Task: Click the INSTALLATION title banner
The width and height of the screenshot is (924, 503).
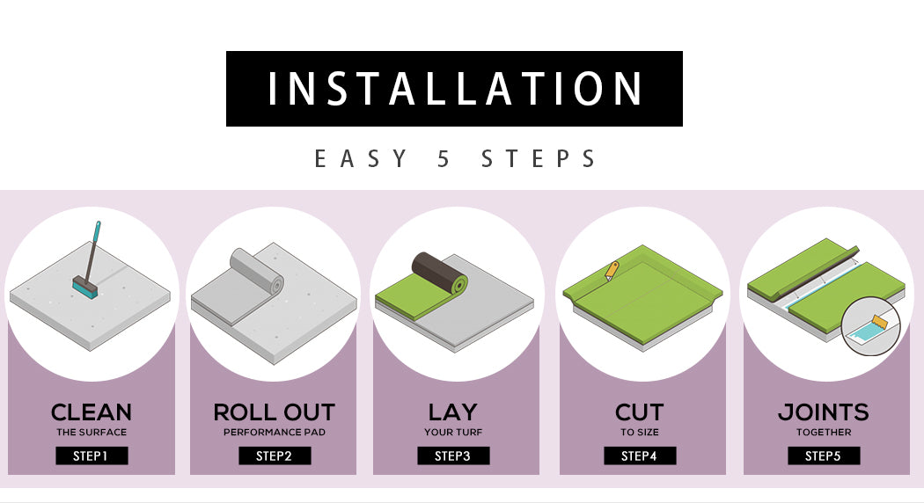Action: pos(454,89)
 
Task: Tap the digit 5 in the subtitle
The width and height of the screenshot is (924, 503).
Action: pos(444,159)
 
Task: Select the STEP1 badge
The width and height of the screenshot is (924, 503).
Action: pos(92,456)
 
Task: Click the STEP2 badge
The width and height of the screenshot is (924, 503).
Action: pos(275,456)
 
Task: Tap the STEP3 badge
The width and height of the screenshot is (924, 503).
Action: pos(453,456)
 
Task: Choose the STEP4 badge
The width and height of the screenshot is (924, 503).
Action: pos(640,456)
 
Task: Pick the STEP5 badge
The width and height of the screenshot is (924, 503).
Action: pos(824,456)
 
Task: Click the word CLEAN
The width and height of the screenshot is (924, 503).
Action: pos(92,412)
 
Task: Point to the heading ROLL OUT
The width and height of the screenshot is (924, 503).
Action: pos(275,412)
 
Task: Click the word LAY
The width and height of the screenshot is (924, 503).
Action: pos(453,412)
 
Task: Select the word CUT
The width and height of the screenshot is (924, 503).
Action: pos(640,412)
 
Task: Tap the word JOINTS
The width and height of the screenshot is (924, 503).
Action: pos(824,412)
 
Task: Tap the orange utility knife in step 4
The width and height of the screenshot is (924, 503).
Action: pos(612,272)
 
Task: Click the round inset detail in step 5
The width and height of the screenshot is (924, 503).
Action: pos(871,325)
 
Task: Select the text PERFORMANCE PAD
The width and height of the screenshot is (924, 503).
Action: pos(275,433)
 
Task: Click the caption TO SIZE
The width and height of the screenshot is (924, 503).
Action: pos(640,433)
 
